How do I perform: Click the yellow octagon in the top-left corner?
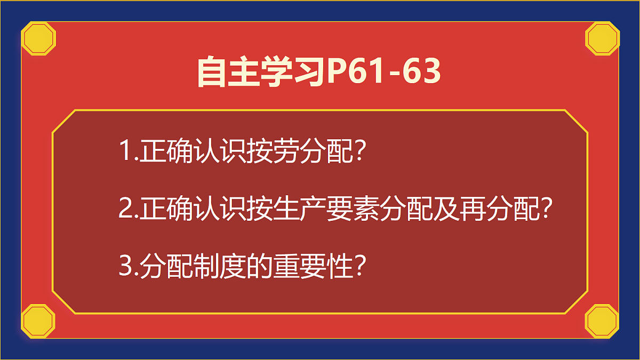pyautogui.click(x=38, y=38)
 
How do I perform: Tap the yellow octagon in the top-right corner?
pyautogui.click(x=603, y=38)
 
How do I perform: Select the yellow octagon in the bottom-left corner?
pyautogui.click(x=38, y=321)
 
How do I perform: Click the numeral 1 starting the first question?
pyautogui.click(x=125, y=152)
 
